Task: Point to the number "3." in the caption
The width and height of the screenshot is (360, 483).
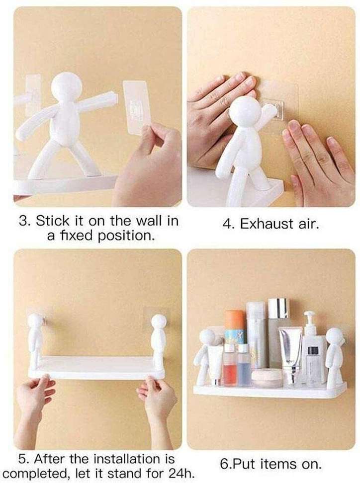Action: (x=25, y=221)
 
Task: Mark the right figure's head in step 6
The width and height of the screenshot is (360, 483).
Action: (x=334, y=336)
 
